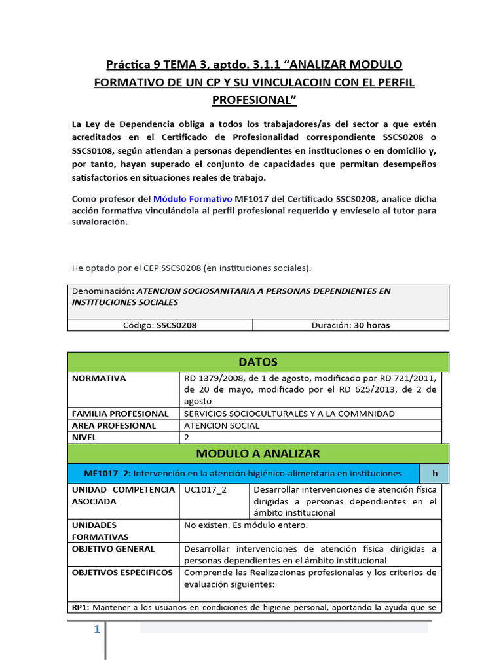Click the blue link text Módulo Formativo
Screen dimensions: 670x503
(x=193, y=199)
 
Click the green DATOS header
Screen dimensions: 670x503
(x=258, y=362)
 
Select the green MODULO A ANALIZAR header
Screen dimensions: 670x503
(x=258, y=453)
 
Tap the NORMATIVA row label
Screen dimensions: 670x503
(x=100, y=378)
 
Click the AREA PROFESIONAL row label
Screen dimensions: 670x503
(x=114, y=425)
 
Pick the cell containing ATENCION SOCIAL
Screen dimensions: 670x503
(x=222, y=425)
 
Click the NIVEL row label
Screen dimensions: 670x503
(x=84, y=437)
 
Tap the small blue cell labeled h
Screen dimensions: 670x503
(x=434, y=473)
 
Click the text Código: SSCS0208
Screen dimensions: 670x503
(x=160, y=325)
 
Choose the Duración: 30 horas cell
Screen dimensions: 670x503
(x=350, y=325)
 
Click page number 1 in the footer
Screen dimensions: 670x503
(x=96, y=629)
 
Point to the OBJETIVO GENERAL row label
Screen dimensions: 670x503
(x=113, y=549)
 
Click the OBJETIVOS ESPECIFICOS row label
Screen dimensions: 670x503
(x=122, y=573)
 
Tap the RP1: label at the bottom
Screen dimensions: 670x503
(x=81, y=607)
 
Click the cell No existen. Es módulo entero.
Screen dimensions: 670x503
(x=246, y=525)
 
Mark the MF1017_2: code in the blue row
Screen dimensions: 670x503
(x=109, y=473)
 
